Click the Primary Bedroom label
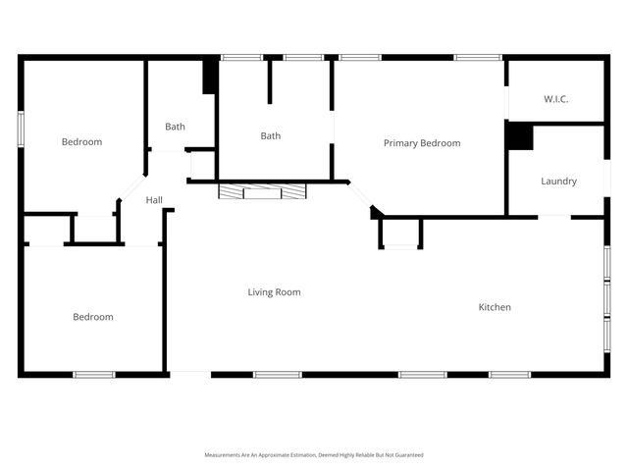click(x=421, y=143)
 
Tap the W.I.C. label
click(x=556, y=99)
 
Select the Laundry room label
click(x=558, y=181)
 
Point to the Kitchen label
click(x=495, y=307)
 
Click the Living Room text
click(x=274, y=291)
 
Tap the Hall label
click(x=154, y=200)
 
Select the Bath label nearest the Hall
click(x=175, y=127)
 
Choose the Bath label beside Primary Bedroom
click(x=270, y=135)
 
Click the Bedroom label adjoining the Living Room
click(x=93, y=317)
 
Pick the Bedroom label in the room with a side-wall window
click(x=81, y=142)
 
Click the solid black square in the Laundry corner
click(x=519, y=136)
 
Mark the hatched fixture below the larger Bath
click(x=262, y=191)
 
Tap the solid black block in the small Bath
click(x=209, y=78)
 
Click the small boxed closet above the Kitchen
click(x=400, y=233)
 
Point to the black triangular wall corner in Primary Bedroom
click(x=376, y=212)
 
